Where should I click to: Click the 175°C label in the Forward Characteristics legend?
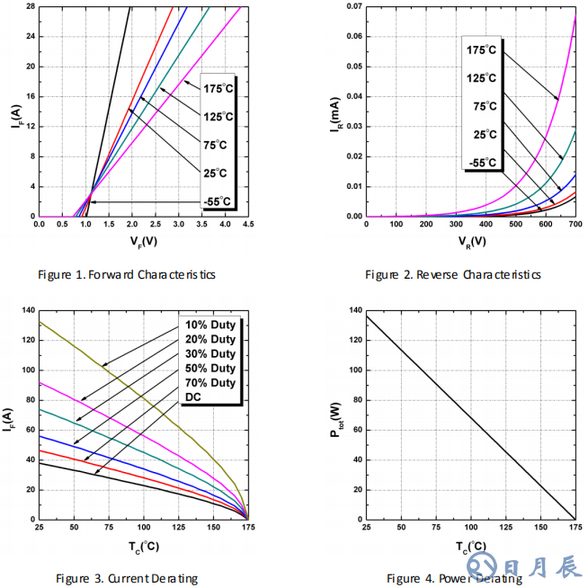[x=218, y=88]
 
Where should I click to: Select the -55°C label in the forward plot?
[x=218, y=201]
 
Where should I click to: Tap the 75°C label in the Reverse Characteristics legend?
[x=485, y=106]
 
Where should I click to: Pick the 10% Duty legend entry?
[x=210, y=325]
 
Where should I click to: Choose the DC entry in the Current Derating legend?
[x=193, y=397]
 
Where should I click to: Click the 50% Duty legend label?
[x=210, y=369]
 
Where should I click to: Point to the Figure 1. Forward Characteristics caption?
[x=127, y=274]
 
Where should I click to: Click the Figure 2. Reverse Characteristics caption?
[x=453, y=274]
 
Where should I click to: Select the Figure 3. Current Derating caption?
[x=127, y=578]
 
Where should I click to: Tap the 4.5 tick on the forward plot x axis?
[x=248, y=224]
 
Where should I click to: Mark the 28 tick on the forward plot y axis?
[x=30, y=7]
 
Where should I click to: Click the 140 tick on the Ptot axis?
[x=357, y=310]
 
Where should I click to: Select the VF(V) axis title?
[x=142, y=240]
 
